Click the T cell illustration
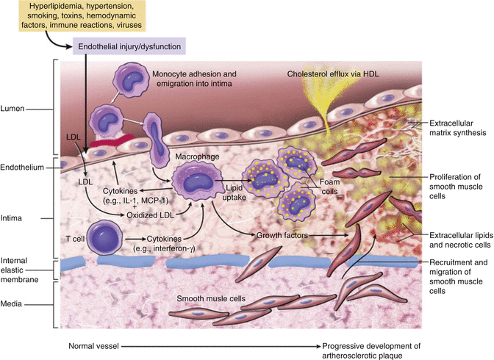(x=106, y=240)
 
